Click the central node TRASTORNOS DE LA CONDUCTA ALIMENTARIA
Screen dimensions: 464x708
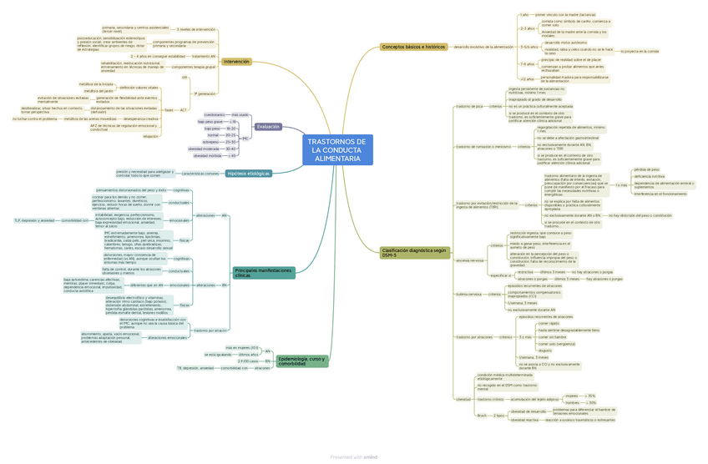pos(337,149)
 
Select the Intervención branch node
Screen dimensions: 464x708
pos(236,62)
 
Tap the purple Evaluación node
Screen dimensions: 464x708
pos(269,127)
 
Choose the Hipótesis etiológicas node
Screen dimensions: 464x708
pos(248,174)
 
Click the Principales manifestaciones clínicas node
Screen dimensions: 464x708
pos(264,272)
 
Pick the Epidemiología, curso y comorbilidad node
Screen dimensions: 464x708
pos(301,361)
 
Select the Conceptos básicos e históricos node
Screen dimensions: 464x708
pos(413,47)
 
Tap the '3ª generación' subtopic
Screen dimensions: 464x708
pos(205,93)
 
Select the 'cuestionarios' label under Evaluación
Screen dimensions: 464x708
pos(214,114)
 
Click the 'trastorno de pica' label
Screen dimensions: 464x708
pos(468,107)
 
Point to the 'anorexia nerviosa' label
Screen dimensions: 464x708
pos(469,260)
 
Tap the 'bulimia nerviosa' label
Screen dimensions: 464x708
pos(468,294)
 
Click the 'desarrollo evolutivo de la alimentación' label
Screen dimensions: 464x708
pos(483,47)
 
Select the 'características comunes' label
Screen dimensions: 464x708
pos(200,174)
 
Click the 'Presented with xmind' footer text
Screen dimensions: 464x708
pos(353,456)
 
